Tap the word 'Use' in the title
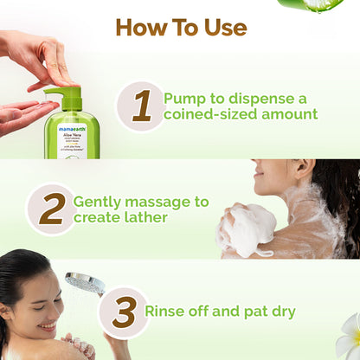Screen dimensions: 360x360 point(220,27)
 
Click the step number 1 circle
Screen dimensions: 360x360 point(140,106)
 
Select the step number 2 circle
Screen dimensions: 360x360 point(51,209)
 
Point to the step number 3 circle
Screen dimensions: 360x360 point(124,312)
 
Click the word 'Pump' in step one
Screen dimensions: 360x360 point(184,98)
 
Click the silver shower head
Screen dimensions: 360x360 point(84,283)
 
